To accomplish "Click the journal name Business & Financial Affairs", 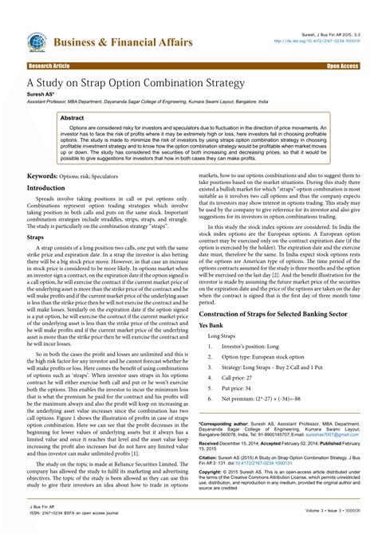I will click(123, 41).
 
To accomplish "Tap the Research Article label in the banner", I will click(49, 66).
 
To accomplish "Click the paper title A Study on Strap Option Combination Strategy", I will click(136, 81).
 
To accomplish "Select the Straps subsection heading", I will click(36, 237).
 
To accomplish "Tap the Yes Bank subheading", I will click(211, 326).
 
